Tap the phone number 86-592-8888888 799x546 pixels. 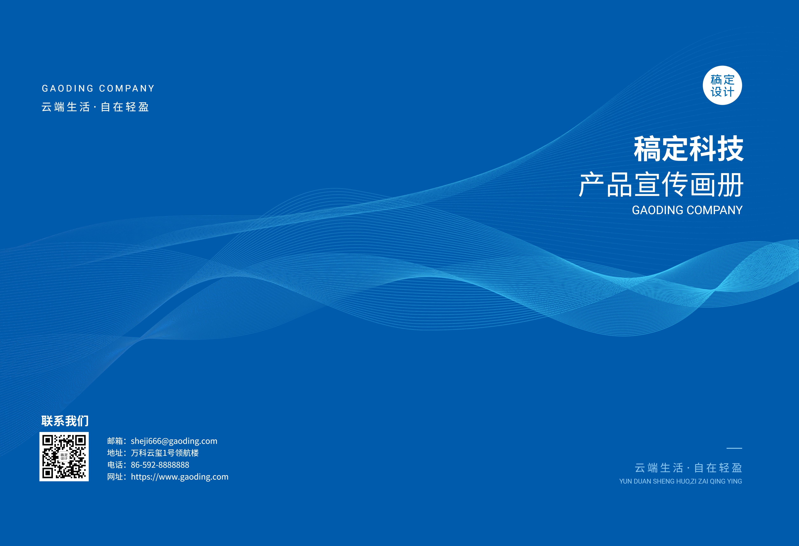pyautogui.click(x=160, y=465)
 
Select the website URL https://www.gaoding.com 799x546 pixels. pyautogui.click(x=179, y=477)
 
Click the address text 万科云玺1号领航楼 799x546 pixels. pyautogui.click(x=165, y=453)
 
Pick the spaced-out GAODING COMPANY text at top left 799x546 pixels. pyautogui.click(x=98, y=88)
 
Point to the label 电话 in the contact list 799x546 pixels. pyautogui.click(x=115, y=465)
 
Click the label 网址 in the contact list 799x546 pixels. pyautogui.click(x=115, y=477)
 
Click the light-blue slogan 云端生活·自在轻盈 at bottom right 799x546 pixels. pyautogui.click(x=688, y=468)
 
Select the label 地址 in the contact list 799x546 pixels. pyautogui.click(x=115, y=453)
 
